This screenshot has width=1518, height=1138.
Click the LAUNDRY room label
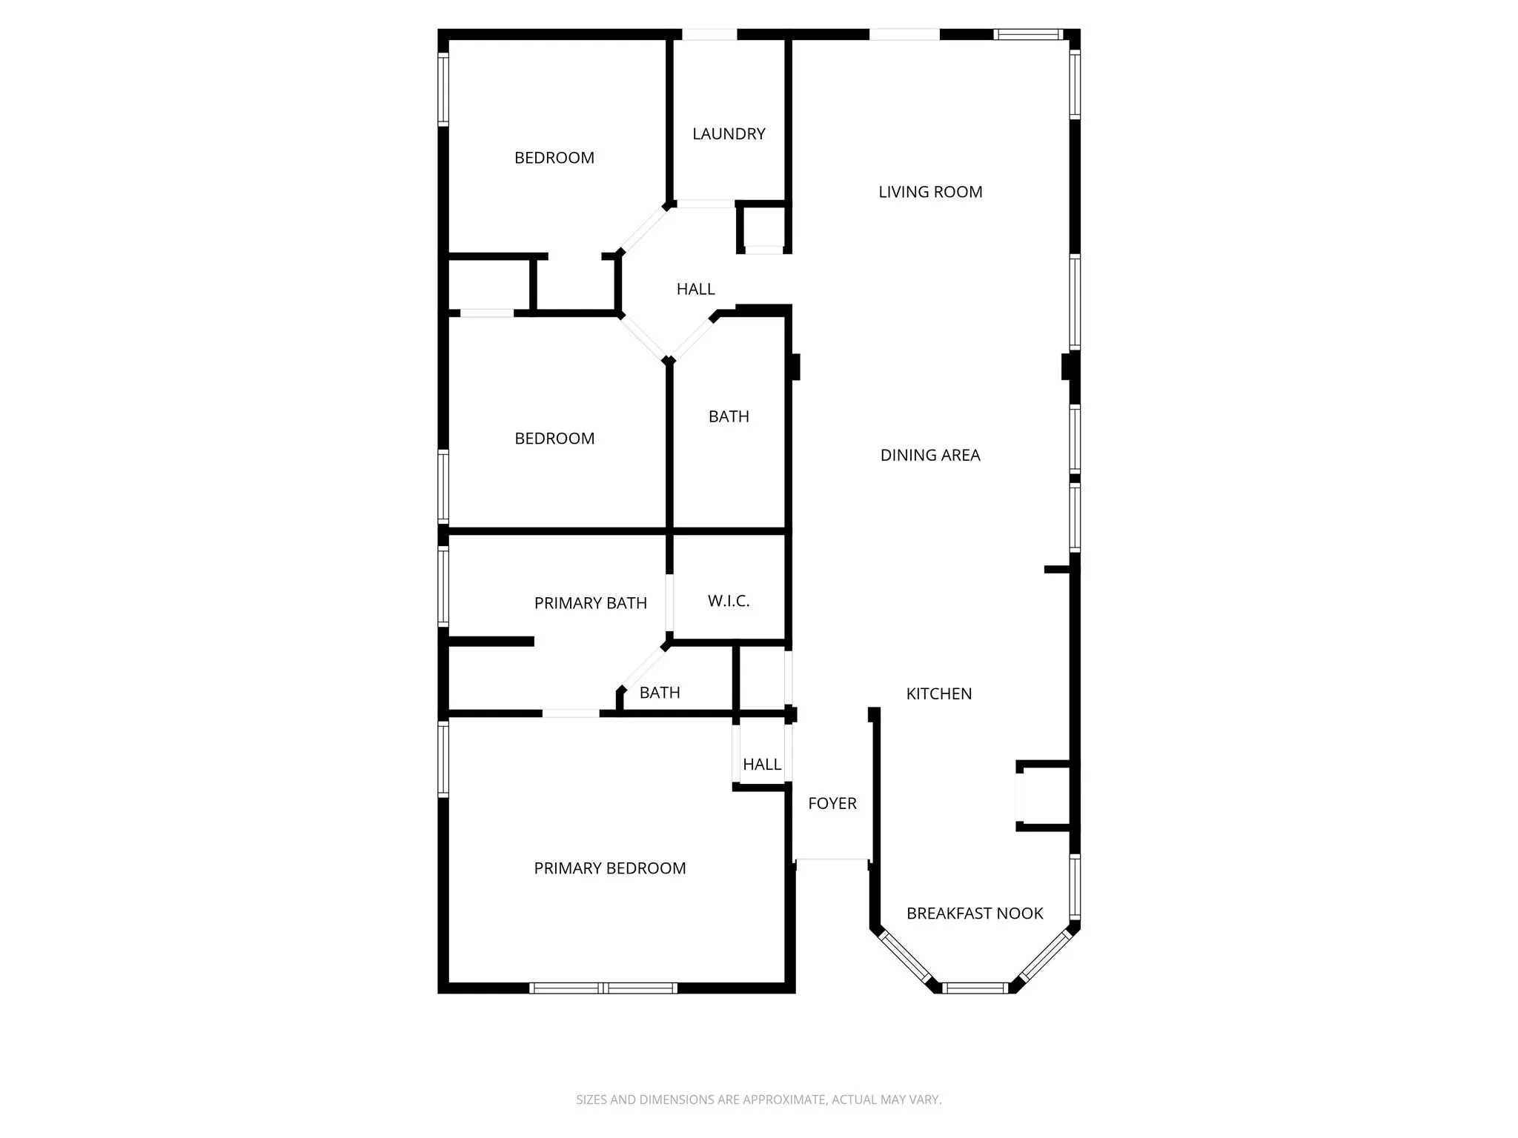(x=729, y=134)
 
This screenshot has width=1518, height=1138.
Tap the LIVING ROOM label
(x=930, y=192)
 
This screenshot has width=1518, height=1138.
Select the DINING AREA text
(x=930, y=455)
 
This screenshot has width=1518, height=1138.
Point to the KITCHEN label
(x=938, y=693)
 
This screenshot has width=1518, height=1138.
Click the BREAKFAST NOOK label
(x=975, y=914)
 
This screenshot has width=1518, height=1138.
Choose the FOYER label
(x=832, y=803)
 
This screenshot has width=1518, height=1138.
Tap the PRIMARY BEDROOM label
(x=609, y=868)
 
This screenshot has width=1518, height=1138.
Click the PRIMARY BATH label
(x=590, y=603)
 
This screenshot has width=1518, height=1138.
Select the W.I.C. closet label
(x=728, y=601)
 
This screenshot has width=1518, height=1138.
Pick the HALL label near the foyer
(x=761, y=764)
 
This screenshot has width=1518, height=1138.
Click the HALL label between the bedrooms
(x=695, y=289)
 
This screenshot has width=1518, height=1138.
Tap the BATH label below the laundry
(x=729, y=416)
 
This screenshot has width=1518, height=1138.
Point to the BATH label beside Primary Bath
(x=659, y=693)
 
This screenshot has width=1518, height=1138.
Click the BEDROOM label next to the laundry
(x=554, y=158)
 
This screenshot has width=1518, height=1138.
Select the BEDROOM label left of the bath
(x=554, y=439)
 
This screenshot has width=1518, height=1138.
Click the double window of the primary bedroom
(x=603, y=988)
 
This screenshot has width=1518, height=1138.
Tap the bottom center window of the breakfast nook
(x=975, y=987)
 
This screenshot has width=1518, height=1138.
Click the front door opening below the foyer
(x=831, y=859)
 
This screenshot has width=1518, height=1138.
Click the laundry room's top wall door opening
(x=709, y=34)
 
